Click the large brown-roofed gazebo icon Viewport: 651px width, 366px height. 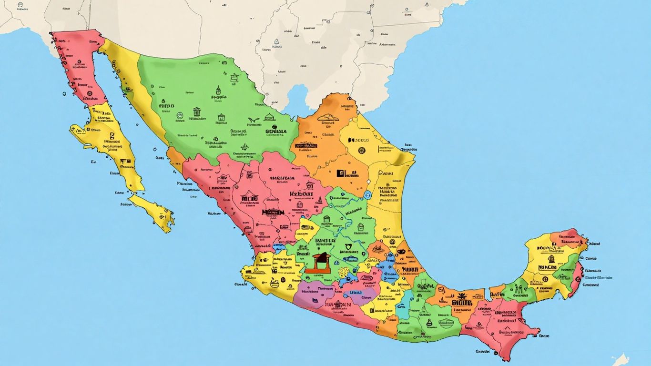pos(317,263)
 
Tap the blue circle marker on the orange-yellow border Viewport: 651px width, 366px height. pos(367,195)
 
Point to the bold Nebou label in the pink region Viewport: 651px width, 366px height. pos(301,194)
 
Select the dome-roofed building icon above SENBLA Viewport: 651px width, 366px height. pos(270,117)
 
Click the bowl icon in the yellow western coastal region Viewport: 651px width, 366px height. pos(274,283)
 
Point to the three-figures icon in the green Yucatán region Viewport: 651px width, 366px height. pos(519,289)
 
